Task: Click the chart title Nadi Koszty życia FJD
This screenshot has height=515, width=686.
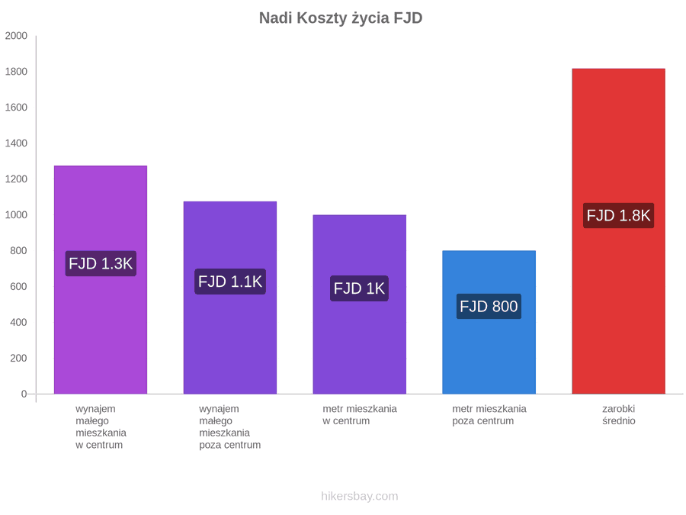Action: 341,18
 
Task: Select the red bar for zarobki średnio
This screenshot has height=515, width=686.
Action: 618,231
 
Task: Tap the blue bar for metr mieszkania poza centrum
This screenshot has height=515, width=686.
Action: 489,322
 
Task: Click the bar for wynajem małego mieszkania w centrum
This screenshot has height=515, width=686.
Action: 101,280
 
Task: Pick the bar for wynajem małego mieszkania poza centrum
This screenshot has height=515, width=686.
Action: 230,298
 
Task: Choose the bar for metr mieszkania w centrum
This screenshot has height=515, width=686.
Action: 359,304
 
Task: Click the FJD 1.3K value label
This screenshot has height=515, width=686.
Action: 101,263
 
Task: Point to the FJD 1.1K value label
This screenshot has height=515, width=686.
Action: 230,281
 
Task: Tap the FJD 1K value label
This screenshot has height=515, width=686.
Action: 359,288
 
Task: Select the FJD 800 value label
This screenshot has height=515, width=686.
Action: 489,306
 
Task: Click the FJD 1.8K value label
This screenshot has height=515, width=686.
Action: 618,215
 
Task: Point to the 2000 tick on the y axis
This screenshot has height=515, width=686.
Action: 16,36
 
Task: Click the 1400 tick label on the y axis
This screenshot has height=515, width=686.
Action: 16,143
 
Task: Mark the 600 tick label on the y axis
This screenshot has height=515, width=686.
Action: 18,286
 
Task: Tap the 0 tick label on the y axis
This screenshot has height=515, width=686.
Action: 24,394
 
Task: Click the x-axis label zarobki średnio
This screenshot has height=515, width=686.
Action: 618,415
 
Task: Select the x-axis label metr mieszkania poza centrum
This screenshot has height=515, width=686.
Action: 489,415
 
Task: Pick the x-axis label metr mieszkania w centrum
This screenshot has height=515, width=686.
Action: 360,415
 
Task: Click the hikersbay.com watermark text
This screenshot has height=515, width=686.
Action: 360,496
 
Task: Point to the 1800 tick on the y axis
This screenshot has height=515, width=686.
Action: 16,72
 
